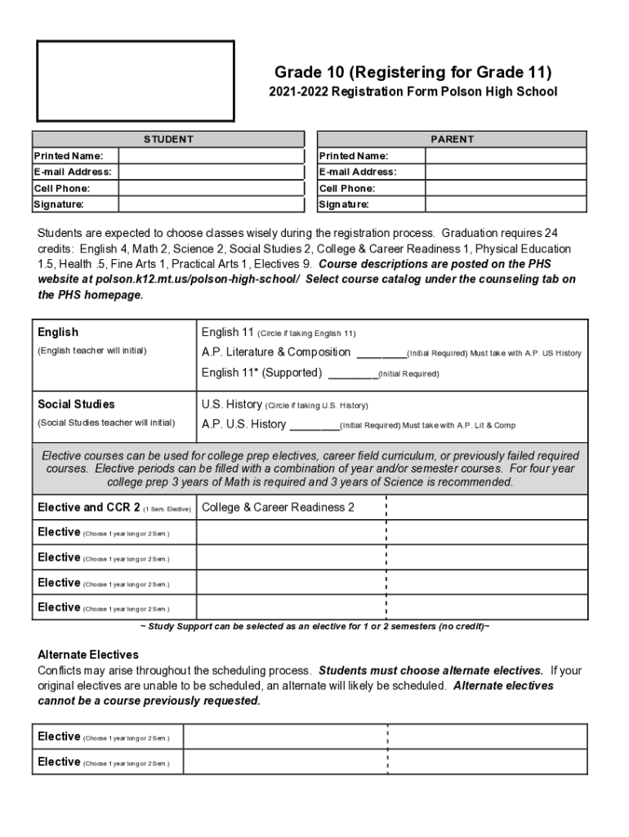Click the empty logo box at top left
(136, 82)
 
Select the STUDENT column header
(168, 139)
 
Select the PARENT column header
(452, 139)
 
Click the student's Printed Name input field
(211, 155)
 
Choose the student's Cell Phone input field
(211, 188)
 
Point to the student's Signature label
(58, 204)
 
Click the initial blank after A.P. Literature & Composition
(381, 353)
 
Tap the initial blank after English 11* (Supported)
(352, 374)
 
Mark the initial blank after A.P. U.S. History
(314, 425)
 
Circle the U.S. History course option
(232, 405)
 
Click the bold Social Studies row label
(76, 404)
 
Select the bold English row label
(58, 332)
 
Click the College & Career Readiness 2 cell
(278, 507)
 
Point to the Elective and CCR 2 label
(89, 508)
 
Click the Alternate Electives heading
(88, 655)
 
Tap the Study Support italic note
(314, 626)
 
